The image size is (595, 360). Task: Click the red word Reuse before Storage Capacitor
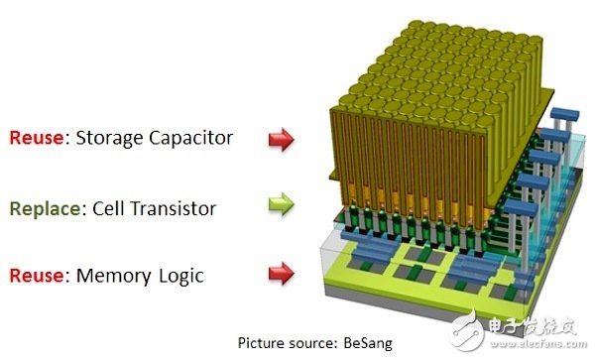click(36, 137)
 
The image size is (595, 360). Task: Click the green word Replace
click(45, 209)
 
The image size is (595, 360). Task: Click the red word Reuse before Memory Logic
click(36, 276)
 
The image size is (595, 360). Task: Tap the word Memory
click(114, 277)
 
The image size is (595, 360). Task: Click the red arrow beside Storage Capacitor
click(282, 139)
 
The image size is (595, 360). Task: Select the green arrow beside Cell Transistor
click(282, 204)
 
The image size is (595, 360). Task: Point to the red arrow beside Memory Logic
click(282, 273)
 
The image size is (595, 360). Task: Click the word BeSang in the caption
click(368, 343)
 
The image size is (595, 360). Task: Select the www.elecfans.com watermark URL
click(537, 344)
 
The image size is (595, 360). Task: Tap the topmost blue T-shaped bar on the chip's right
click(565, 114)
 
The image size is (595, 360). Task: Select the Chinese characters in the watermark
click(533, 327)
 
